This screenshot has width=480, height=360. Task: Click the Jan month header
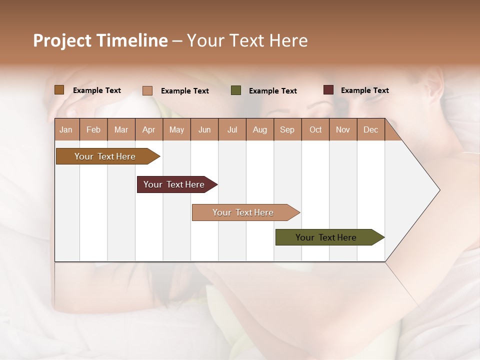point(66,129)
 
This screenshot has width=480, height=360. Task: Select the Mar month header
point(121,129)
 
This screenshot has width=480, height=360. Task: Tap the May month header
point(176,129)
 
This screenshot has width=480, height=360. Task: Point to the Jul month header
point(232,129)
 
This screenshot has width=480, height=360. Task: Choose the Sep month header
point(287,129)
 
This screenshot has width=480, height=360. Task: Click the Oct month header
point(315,129)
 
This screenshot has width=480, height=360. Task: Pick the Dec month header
point(370,129)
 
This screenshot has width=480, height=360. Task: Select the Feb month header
point(93,129)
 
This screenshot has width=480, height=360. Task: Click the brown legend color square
point(59,90)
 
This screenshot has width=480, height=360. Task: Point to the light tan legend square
point(147,90)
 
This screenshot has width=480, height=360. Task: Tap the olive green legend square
point(236,90)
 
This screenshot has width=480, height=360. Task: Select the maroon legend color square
point(328,90)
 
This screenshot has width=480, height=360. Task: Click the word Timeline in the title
point(131,40)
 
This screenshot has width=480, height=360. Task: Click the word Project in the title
point(61,40)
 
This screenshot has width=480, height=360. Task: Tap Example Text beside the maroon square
point(364,90)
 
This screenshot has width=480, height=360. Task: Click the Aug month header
point(259,129)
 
